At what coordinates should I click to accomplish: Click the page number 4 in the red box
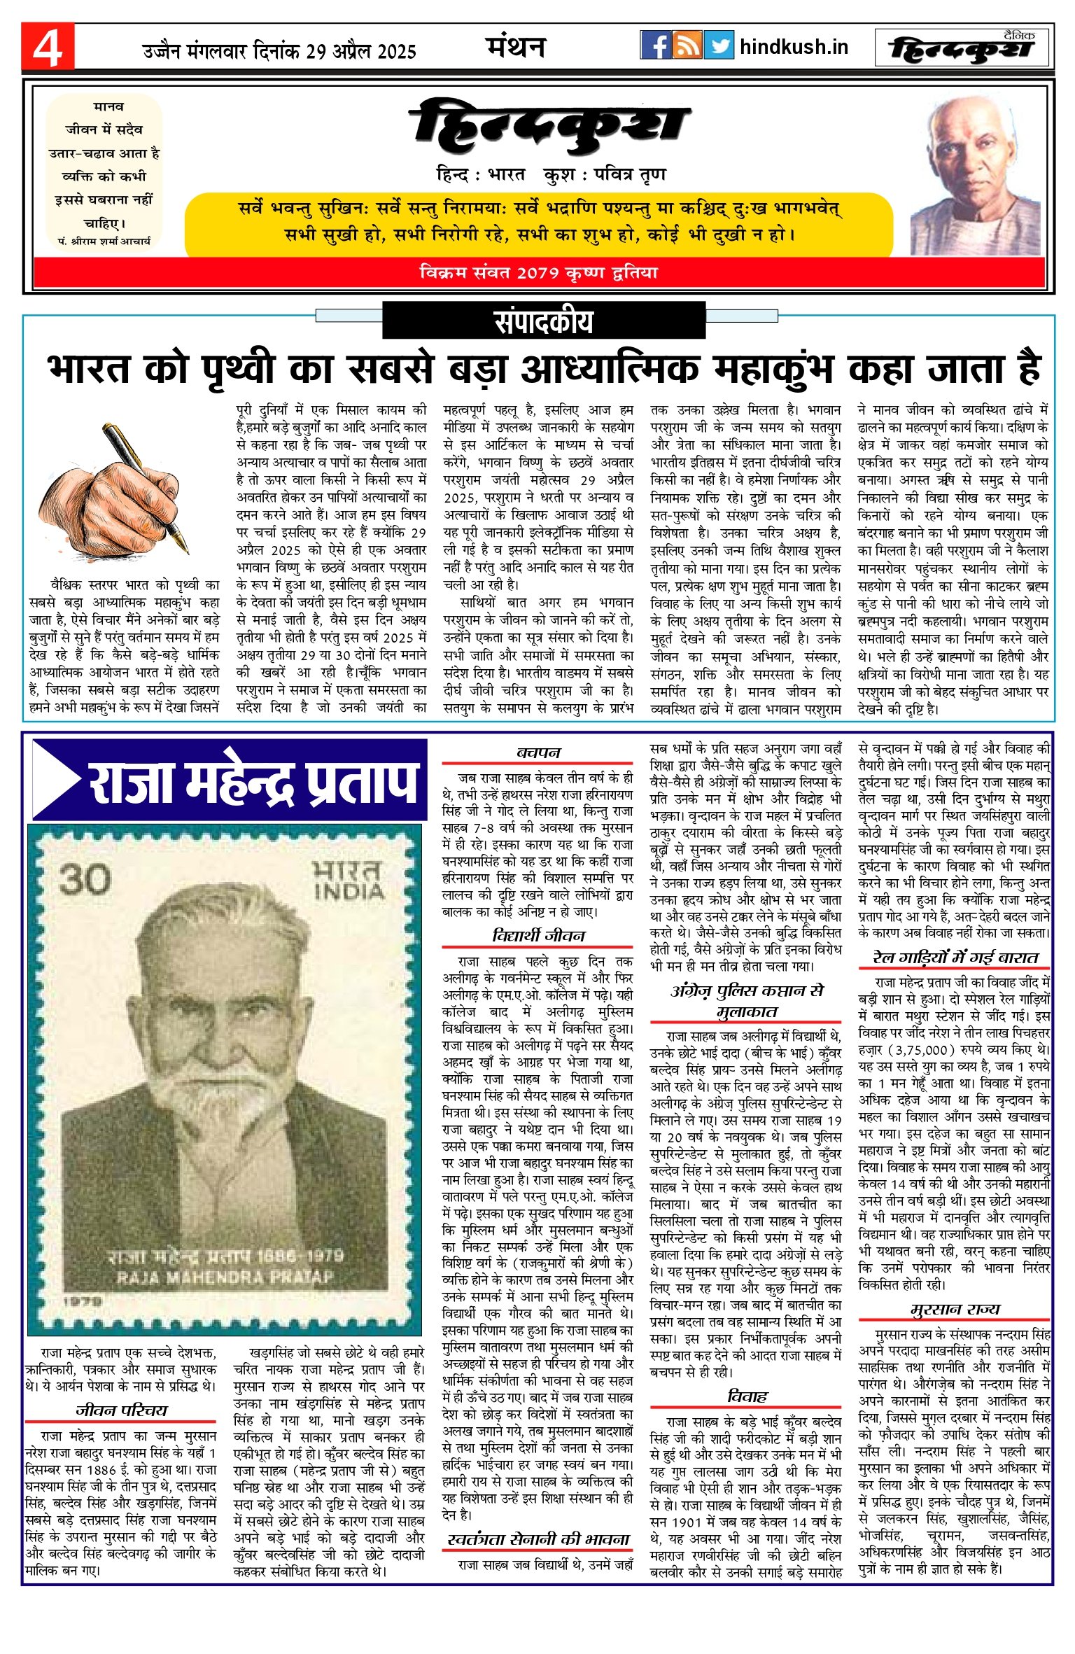48,48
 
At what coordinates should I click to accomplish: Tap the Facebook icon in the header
656,45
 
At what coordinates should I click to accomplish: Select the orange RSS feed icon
687,45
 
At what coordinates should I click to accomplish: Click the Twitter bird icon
719,45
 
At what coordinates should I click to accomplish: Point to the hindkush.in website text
794,47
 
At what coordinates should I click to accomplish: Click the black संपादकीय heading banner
543,321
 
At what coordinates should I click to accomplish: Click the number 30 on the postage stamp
85,879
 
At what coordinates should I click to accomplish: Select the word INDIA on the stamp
349,891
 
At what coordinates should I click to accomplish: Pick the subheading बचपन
538,752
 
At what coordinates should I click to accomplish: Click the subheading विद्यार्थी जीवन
538,936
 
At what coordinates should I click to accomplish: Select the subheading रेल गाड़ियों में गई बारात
955,958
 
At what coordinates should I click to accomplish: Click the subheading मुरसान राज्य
955,1309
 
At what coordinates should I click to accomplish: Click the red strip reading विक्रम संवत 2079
538,272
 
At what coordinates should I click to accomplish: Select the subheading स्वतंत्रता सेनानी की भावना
538,1539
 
